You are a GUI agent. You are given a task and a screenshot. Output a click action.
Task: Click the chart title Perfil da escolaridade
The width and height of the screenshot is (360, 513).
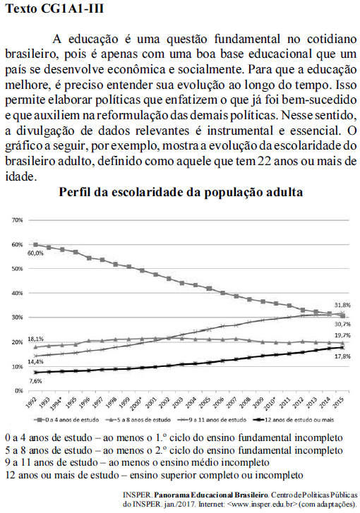(x=181, y=193)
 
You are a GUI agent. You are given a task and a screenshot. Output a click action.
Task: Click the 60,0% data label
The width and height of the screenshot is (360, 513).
(x=35, y=252)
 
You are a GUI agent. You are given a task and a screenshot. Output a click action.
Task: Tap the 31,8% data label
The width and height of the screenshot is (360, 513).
(x=342, y=305)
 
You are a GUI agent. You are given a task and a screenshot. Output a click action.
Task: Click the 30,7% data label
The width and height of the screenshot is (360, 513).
(x=342, y=323)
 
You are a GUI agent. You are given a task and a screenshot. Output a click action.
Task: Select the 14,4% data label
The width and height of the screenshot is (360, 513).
(x=35, y=362)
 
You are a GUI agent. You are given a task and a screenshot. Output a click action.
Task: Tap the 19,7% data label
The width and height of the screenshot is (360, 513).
(x=342, y=335)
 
